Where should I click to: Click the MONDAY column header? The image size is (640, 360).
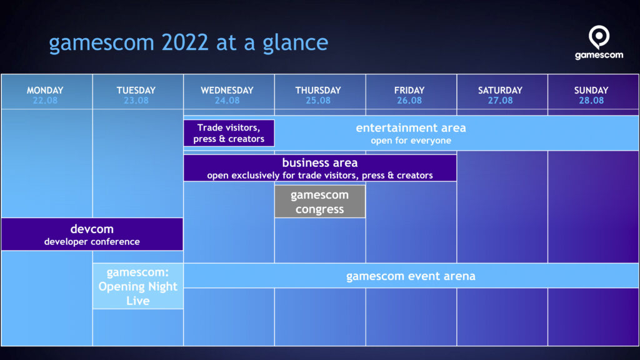(x=45, y=90)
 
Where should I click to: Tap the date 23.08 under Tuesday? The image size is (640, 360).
(x=136, y=101)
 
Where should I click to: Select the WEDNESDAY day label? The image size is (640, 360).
(x=227, y=90)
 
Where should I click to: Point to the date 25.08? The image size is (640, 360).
(x=318, y=101)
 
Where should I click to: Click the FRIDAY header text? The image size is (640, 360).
(x=409, y=90)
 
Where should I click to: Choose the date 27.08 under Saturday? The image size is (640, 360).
(x=500, y=101)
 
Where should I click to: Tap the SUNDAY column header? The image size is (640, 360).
(x=591, y=90)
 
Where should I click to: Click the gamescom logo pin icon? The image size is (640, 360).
(x=599, y=37)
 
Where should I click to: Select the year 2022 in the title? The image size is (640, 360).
(x=185, y=42)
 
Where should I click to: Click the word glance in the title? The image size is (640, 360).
(x=295, y=43)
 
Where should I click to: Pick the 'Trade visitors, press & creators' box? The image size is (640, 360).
(x=229, y=133)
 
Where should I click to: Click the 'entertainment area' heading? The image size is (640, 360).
(x=411, y=127)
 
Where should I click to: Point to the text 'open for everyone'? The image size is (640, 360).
(x=411, y=141)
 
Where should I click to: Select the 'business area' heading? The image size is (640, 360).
(x=319, y=162)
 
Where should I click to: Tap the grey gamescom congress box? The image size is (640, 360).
(x=320, y=202)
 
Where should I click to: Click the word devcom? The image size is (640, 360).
(x=92, y=229)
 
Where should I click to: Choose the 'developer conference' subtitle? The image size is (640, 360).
(x=92, y=242)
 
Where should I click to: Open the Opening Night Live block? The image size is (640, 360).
(x=138, y=286)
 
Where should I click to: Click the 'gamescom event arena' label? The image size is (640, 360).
(x=411, y=276)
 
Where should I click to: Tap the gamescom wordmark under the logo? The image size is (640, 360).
(x=599, y=55)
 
